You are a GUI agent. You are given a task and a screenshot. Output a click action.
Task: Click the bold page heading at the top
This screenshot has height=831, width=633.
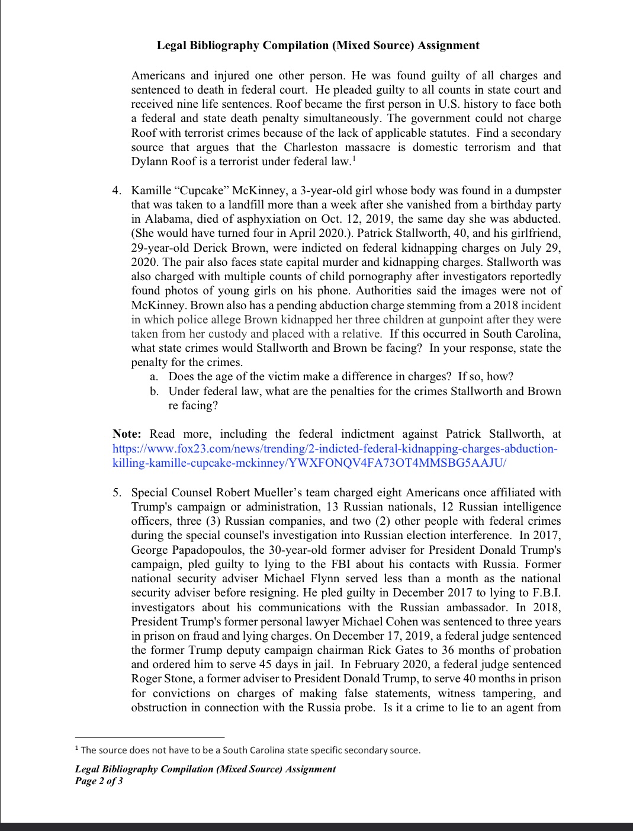(x=318, y=46)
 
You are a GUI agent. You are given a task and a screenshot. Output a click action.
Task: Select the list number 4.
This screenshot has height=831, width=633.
(x=117, y=191)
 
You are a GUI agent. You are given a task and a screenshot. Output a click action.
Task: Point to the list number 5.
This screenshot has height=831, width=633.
(x=117, y=493)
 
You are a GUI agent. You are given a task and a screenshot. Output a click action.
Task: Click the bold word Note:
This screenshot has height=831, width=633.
(x=127, y=434)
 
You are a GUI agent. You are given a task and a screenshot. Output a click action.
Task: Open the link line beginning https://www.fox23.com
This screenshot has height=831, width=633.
(x=335, y=449)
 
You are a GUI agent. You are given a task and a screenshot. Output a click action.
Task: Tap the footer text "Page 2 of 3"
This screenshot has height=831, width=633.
(x=99, y=781)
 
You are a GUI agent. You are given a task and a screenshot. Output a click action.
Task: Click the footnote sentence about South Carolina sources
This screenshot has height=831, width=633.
(x=250, y=750)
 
